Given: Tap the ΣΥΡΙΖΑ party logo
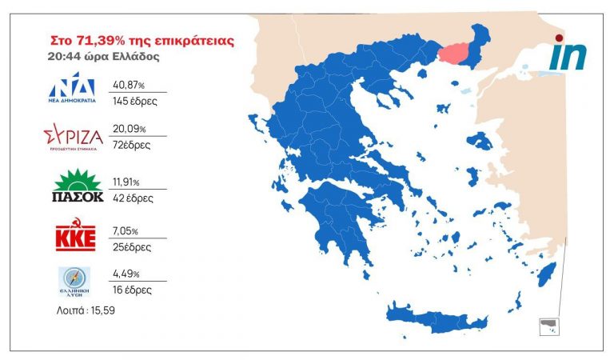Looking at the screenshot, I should [x=74, y=137].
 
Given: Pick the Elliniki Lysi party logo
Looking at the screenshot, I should [x=74, y=281].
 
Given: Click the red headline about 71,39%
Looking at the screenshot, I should [x=142, y=40].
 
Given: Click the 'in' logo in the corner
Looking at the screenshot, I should [x=568, y=54].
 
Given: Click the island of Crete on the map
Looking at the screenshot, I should [x=436, y=315].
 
